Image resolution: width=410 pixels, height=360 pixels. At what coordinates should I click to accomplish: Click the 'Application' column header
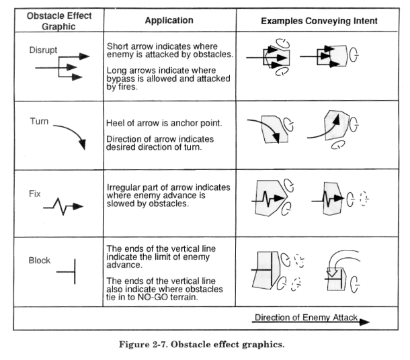[x=169, y=20]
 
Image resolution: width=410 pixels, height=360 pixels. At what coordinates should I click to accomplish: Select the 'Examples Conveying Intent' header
[x=319, y=21]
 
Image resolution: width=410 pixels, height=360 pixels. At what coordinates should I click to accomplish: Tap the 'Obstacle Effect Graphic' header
[x=59, y=21]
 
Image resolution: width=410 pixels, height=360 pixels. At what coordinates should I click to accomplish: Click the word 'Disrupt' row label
[x=43, y=50]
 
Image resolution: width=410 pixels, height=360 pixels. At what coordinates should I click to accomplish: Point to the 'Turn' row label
[x=39, y=121]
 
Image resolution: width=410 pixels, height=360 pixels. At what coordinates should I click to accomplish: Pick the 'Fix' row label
[x=34, y=193]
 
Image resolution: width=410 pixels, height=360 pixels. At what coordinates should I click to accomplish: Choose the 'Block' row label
[x=40, y=260]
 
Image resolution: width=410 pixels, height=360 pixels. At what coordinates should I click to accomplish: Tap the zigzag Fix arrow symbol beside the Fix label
[x=63, y=206]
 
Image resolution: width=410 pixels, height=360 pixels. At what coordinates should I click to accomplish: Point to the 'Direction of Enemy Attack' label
[x=306, y=317]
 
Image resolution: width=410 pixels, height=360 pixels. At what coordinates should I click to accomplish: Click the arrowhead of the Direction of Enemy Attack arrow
[x=364, y=322]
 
